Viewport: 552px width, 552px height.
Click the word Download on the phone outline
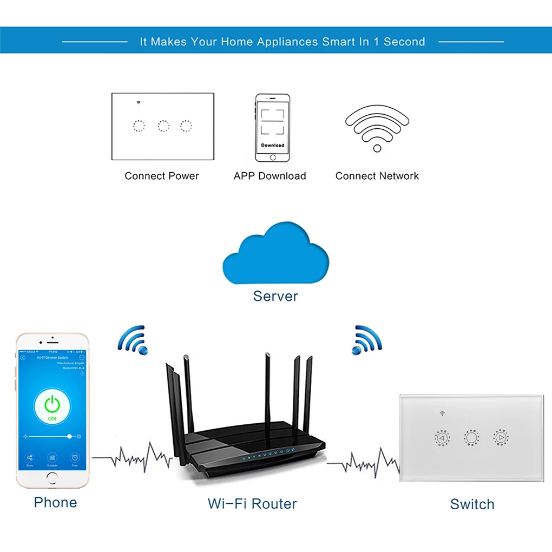(x=272, y=145)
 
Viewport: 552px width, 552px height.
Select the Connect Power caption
(x=162, y=176)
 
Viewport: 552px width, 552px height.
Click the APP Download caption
(x=270, y=176)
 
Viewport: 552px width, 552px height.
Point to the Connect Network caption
(x=377, y=176)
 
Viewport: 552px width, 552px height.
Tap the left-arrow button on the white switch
(x=442, y=437)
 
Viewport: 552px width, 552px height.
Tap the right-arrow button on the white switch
(x=501, y=437)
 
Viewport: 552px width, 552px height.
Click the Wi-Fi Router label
(x=252, y=504)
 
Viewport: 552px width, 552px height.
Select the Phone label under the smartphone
(x=55, y=502)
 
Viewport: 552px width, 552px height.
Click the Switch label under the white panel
(x=472, y=504)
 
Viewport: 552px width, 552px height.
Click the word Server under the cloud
(x=275, y=296)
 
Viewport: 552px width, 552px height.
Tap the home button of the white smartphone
(x=52, y=477)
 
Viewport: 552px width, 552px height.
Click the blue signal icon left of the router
(x=133, y=340)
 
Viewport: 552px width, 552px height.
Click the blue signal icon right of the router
(x=366, y=340)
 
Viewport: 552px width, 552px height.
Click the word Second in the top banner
(x=404, y=42)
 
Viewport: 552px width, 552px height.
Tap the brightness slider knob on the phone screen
(x=69, y=436)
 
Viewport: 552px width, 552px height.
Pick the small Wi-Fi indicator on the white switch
(x=442, y=413)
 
